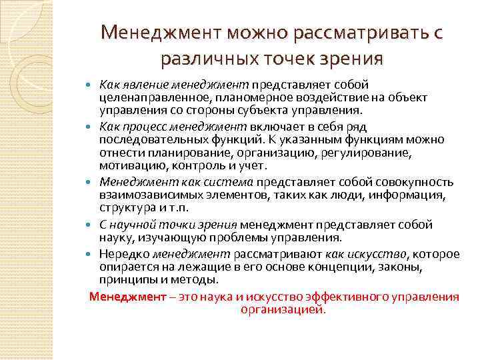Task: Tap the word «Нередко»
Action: pyautogui.click(x=124, y=254)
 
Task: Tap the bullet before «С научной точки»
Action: pyautogui.click(x=91, y=225)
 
